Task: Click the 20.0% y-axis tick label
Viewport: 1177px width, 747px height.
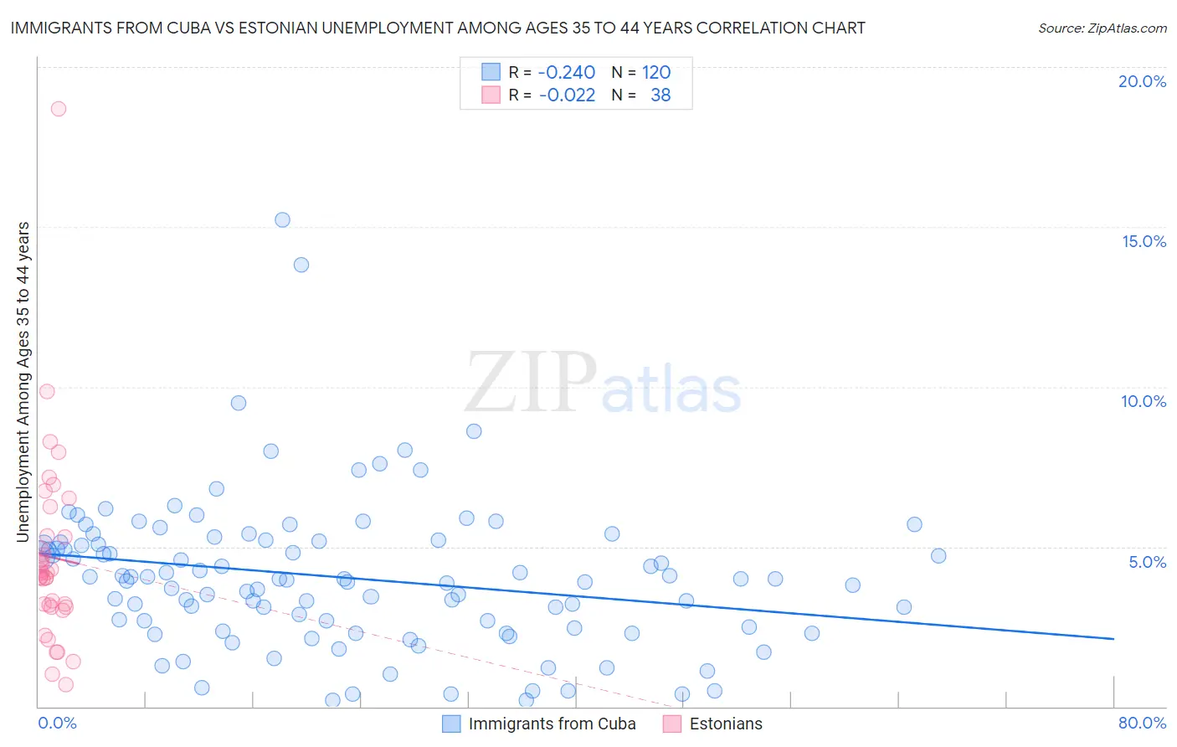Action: pos(1142,81)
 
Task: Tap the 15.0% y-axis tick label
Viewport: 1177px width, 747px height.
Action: pos(1144,241)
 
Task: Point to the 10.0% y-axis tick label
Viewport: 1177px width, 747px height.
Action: pos(1144,401)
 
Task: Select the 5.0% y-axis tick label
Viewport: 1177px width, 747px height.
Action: pos(1147,562)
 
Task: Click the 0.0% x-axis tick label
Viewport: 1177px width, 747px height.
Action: pos(57,723)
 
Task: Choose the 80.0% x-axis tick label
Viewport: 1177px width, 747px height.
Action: pos(1142,723)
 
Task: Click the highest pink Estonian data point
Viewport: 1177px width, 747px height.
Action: pos(58,108)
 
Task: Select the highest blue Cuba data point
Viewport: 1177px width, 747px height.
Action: pos(282,219)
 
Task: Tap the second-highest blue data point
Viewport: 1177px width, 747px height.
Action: pos(301,265)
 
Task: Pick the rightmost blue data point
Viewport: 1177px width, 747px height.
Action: pos(938,556)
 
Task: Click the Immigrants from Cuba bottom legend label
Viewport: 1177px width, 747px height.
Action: pos(552,724)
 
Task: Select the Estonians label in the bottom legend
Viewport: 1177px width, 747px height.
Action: pos(726,724)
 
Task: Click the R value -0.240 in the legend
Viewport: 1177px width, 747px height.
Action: pos(567,73)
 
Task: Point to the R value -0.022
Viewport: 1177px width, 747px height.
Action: pos(567,95)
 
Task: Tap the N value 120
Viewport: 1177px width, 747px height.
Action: pos(656,73)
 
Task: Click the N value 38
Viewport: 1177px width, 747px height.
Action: pos(660,95)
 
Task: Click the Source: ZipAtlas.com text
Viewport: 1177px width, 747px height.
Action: pos(1102,28)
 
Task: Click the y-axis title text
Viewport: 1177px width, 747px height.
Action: pos(23,381)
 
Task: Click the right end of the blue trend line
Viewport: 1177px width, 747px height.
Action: pos(1113,639)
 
